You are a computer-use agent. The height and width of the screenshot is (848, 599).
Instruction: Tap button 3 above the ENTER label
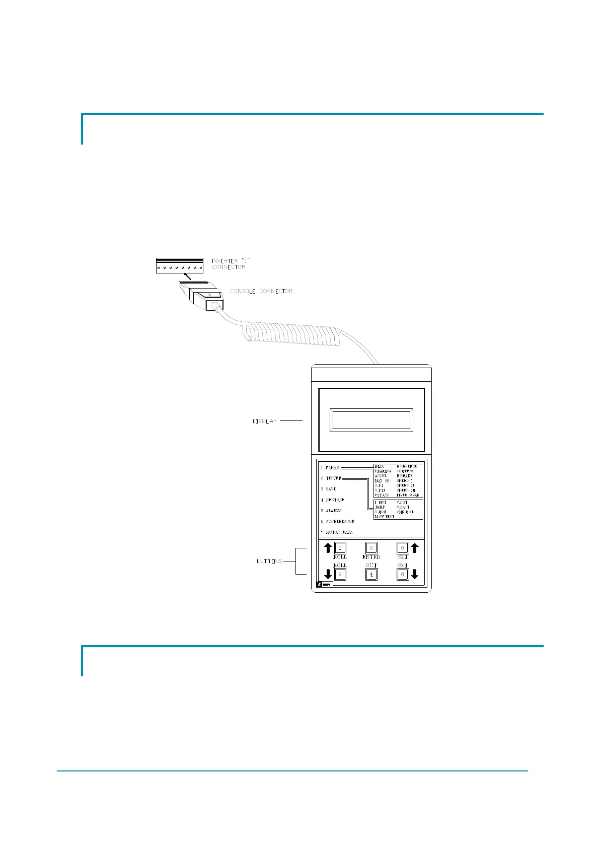[x=371, y=548]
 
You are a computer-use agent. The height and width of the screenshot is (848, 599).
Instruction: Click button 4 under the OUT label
[x=371, y=574]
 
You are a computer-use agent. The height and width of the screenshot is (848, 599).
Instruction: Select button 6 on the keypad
[x=402, y=574]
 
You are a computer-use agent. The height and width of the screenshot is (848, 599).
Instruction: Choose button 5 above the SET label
[x=402, y=548]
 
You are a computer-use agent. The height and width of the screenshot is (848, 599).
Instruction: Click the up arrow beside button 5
[x=415, y=547]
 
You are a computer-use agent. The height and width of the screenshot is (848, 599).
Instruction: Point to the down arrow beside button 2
[x=328, y=574]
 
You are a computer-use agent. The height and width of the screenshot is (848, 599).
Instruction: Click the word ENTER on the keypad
[x=371, y=557]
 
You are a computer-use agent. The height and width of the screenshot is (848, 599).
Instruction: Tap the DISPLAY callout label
[x=265, y=421]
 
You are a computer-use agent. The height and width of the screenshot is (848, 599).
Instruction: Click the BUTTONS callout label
[x=269, y=561]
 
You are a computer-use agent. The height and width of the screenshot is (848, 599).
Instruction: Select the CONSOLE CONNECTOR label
[x=261, y=292]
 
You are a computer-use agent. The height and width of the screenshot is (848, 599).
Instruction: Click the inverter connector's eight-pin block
[x=179, y=265]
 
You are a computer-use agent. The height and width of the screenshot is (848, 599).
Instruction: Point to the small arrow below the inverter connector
[x=187, y=276]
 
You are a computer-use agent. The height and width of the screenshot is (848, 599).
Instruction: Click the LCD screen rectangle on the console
[x=371, y=420]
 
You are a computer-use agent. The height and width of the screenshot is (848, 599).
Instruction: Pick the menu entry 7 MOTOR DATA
[x=337, y=532]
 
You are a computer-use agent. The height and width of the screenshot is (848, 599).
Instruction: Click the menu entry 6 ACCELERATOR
[x=337, y=522]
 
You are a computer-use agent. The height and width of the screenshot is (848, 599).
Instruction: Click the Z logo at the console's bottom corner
[x=319, y=585]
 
